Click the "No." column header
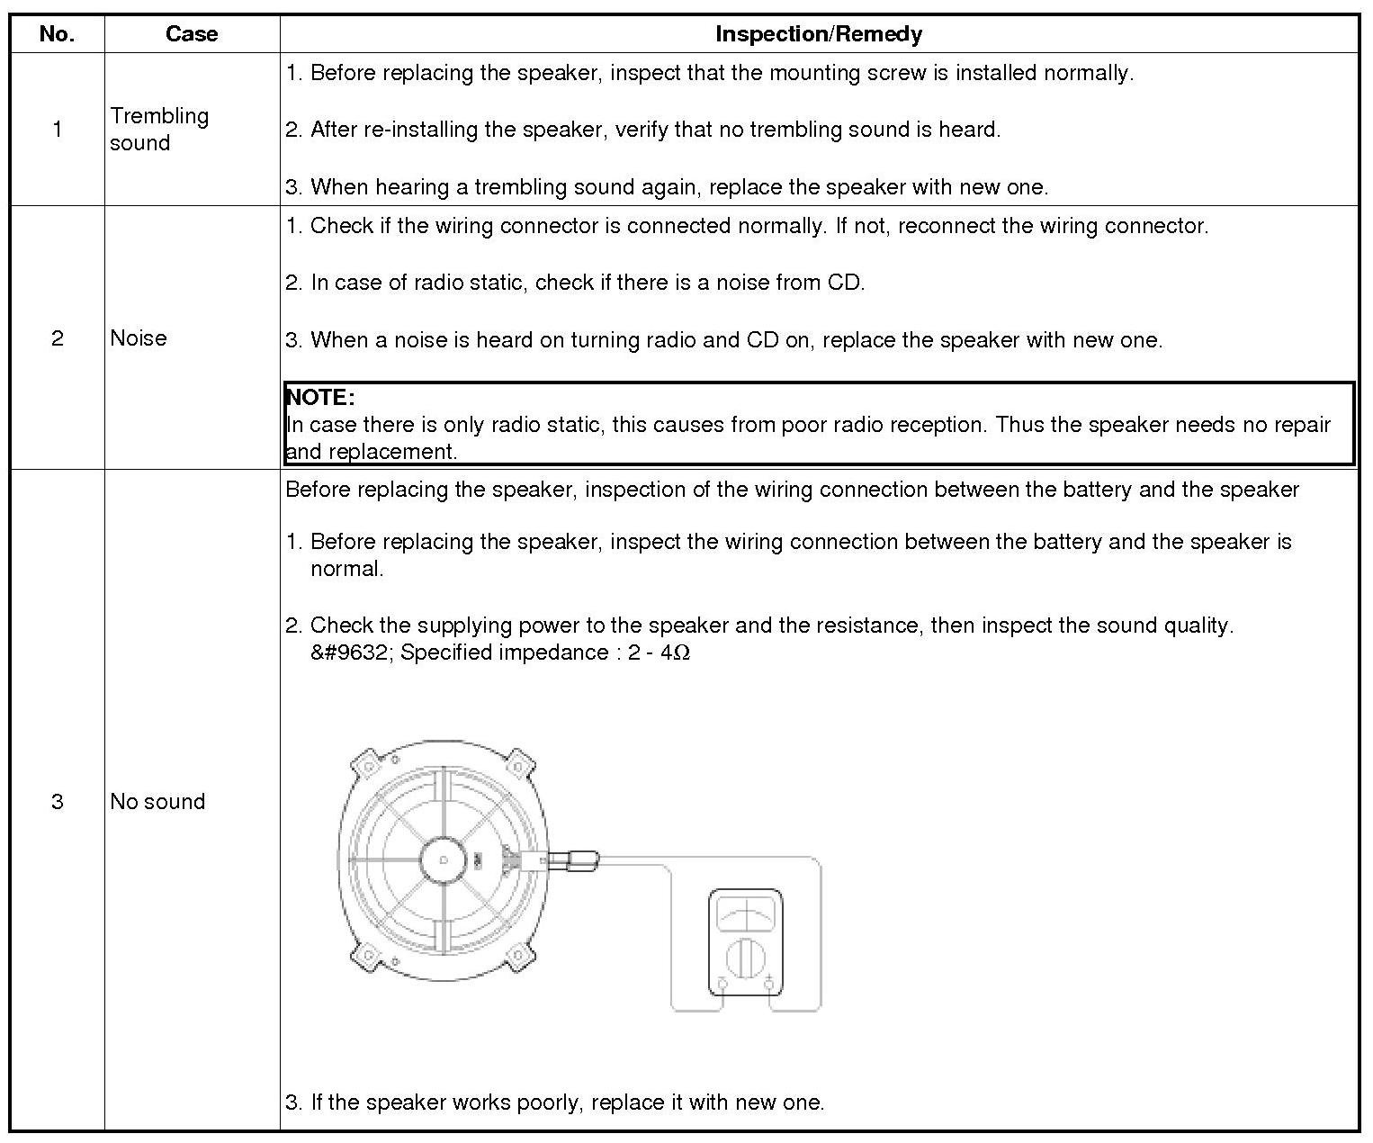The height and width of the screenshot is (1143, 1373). click(57, 34)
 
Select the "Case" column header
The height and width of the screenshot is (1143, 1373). click(192, 34)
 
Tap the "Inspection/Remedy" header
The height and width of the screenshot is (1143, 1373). click(818, 34)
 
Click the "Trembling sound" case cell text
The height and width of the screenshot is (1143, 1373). click(158, 129)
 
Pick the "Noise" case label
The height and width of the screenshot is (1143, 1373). click(139, 337)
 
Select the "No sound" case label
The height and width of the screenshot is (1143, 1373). click(157, 801)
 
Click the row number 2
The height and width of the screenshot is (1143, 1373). click(57, 337)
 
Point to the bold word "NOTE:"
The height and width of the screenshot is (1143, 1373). click(320, 397)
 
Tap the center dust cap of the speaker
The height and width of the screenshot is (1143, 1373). click(444, 859)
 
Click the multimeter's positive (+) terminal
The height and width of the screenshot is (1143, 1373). click(769, 985)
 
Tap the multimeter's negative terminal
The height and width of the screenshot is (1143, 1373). click(722, 985)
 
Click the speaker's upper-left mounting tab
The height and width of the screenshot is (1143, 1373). click(366, 766)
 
